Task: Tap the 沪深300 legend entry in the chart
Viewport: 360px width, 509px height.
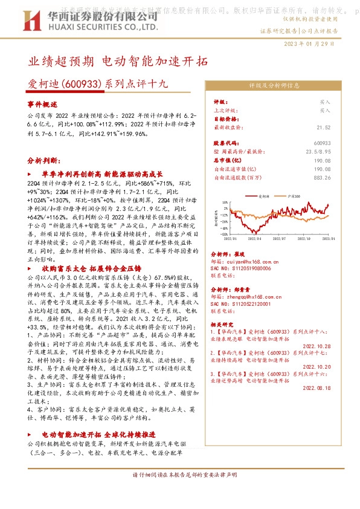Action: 297,197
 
